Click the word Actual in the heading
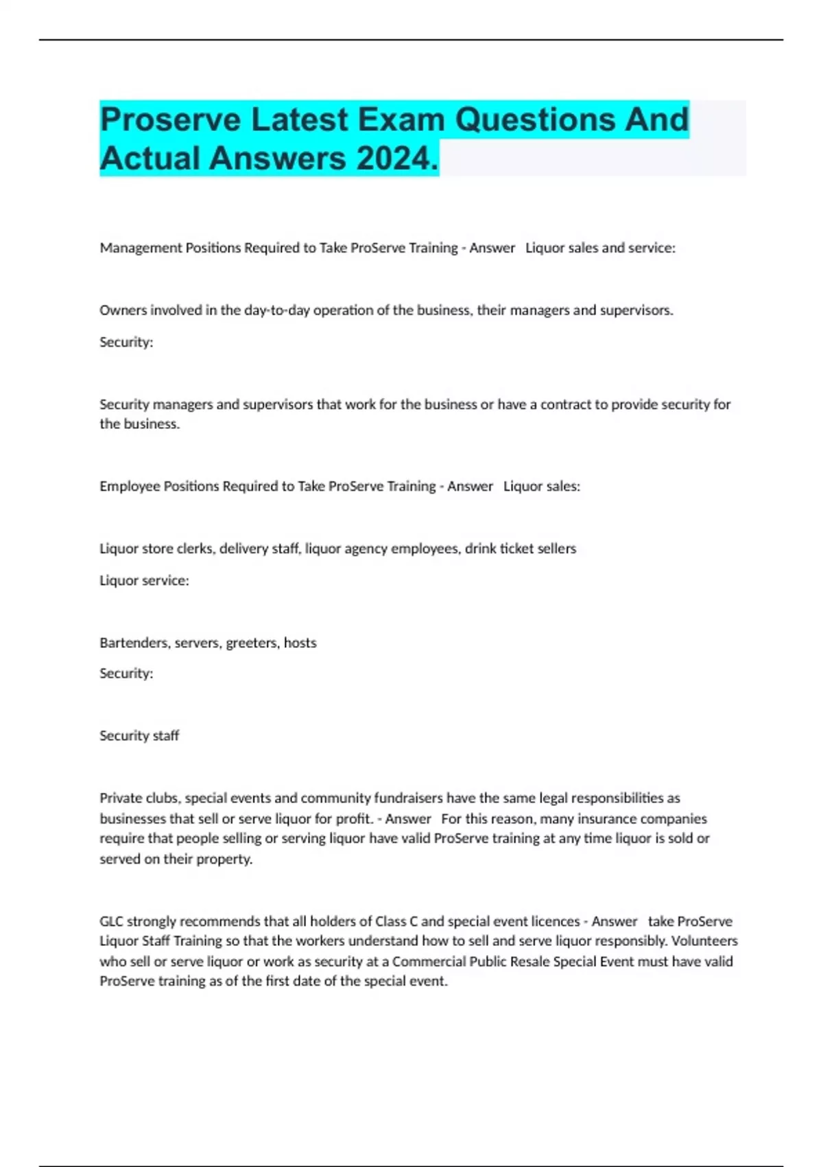(x=150, y=158)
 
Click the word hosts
(x=300, y=643)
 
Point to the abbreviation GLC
(x=112, y=921)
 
